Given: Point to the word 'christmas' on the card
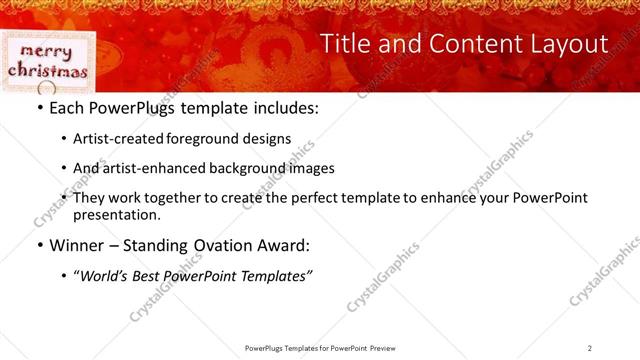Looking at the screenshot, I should click(48, 71).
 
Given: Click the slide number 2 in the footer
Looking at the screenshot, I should click(590, 348).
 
